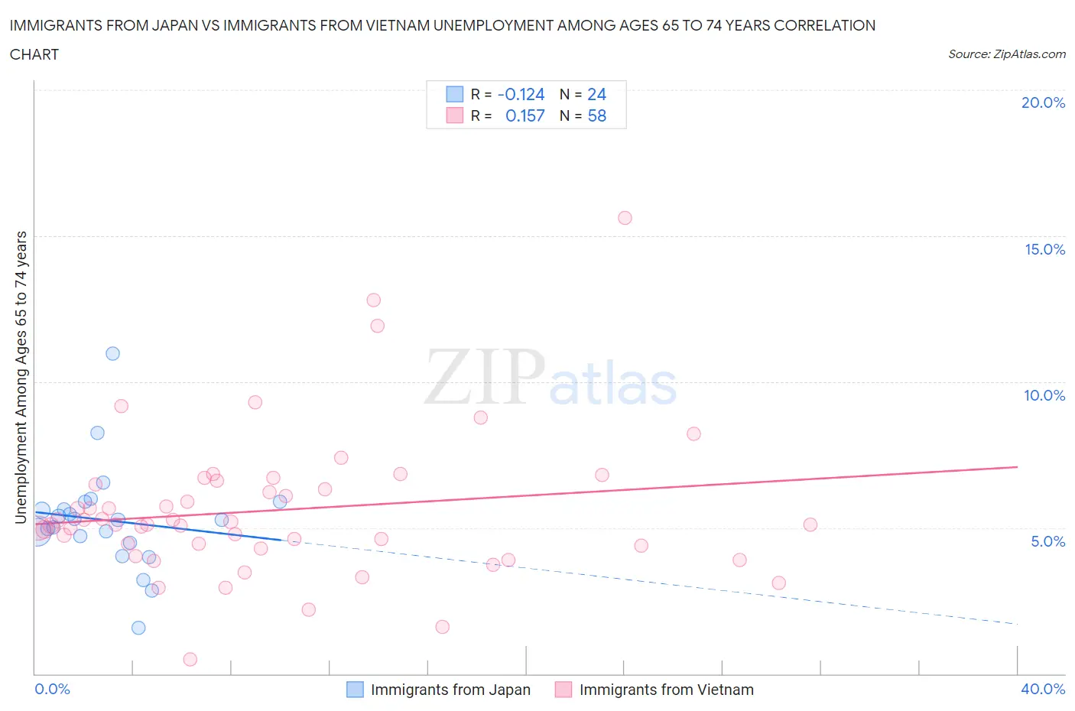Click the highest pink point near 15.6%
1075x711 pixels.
tap(625, 218)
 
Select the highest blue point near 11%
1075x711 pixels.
tap(112, 353)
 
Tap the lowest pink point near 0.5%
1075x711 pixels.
tap(190, 659)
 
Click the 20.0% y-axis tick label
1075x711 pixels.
tap(1043, 102)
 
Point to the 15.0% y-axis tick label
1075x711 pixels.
tap(1044, 249)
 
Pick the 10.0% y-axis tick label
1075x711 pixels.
tap(1044, 395)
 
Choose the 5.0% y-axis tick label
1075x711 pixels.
tap(1047, 541)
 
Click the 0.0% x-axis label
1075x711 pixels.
tap(52, 689)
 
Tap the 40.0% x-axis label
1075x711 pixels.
tap(1043, 689)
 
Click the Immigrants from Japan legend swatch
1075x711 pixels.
tap(355, 690)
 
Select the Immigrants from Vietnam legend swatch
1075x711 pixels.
tap(563, 690)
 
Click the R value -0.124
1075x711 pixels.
tap(521, 94)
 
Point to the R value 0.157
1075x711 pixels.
tap(525, 115)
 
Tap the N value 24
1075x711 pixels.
tap(596, 94)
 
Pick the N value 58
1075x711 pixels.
tap(596, 115)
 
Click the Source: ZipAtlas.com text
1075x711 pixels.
tap(1006, 54)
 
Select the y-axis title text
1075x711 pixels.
tap(21, 377)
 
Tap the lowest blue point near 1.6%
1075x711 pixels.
tap(138, 628)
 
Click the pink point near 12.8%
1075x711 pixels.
tap(373, 300)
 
